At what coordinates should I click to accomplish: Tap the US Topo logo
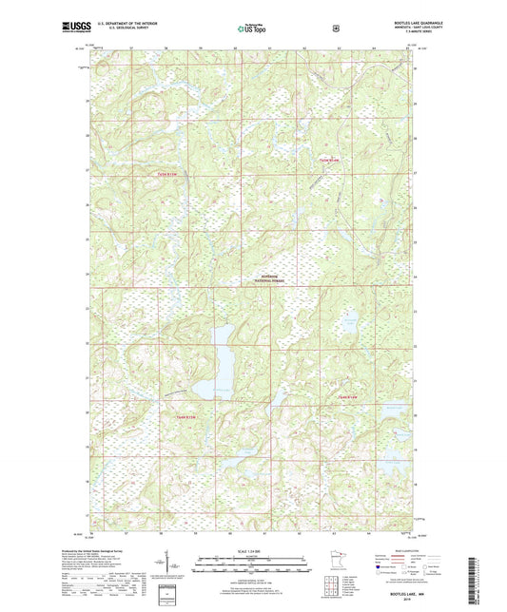[252, 29]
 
